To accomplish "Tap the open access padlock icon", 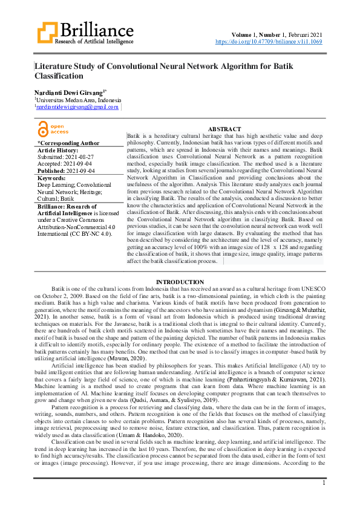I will click(x=42, y=129).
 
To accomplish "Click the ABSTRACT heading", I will click(x=224, y=129).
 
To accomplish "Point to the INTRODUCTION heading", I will click(x=180, y=282).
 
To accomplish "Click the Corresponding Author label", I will click(x=68, y=143).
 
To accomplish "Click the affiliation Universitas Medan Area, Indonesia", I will click(x=79, y=99).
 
